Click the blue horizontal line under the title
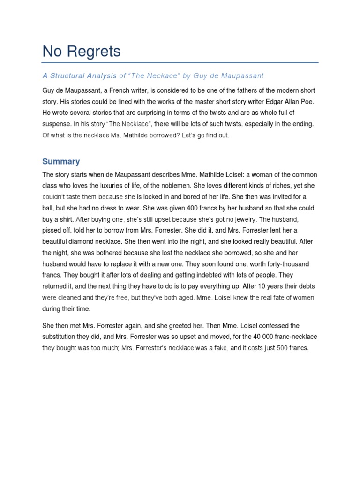[180, 62]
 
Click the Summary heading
[61, 161]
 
